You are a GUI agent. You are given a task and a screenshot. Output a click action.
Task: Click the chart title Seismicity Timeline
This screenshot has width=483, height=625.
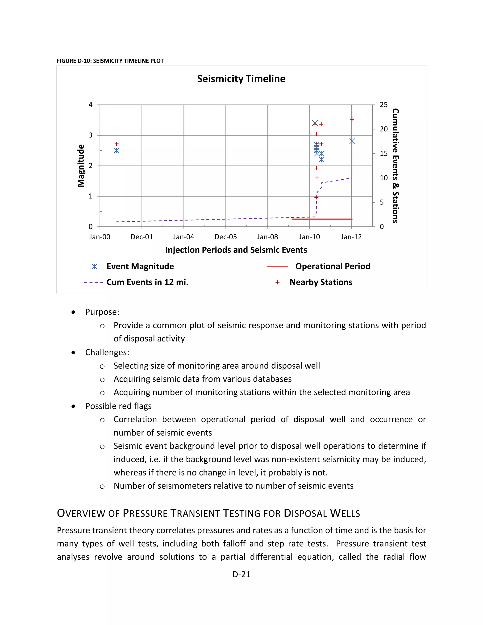(241, 79)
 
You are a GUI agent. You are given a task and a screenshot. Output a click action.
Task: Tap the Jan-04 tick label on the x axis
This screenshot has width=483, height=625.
(183, 237)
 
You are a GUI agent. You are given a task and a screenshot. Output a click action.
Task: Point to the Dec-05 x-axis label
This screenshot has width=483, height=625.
(225, 237)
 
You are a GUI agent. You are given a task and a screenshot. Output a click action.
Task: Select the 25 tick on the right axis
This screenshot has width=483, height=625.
(383, 105)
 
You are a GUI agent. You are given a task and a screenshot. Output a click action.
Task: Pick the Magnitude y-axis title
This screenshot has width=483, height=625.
(81, 166)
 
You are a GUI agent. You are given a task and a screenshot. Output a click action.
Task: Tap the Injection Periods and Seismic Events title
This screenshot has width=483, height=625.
(236, 250)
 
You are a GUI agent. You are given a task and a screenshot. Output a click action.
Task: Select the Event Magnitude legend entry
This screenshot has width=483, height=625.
(140, 267)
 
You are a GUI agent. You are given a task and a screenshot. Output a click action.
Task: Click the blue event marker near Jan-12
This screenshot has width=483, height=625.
(352, 141)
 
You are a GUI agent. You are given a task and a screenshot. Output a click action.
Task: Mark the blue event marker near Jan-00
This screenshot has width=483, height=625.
(117, 150)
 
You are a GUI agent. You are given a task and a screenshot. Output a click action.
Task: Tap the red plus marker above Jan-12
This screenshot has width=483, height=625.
(352, 119)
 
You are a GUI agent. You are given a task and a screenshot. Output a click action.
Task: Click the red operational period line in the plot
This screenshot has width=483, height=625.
(322, 219)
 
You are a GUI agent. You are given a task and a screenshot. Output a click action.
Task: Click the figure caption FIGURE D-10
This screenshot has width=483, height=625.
(110, 61)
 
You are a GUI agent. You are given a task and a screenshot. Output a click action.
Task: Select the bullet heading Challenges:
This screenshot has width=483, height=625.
(107, 352)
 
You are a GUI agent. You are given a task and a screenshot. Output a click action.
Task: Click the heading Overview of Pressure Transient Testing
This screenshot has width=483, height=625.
(208, 513)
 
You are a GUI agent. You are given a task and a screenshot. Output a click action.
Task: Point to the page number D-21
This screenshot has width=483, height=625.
(241, 574)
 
